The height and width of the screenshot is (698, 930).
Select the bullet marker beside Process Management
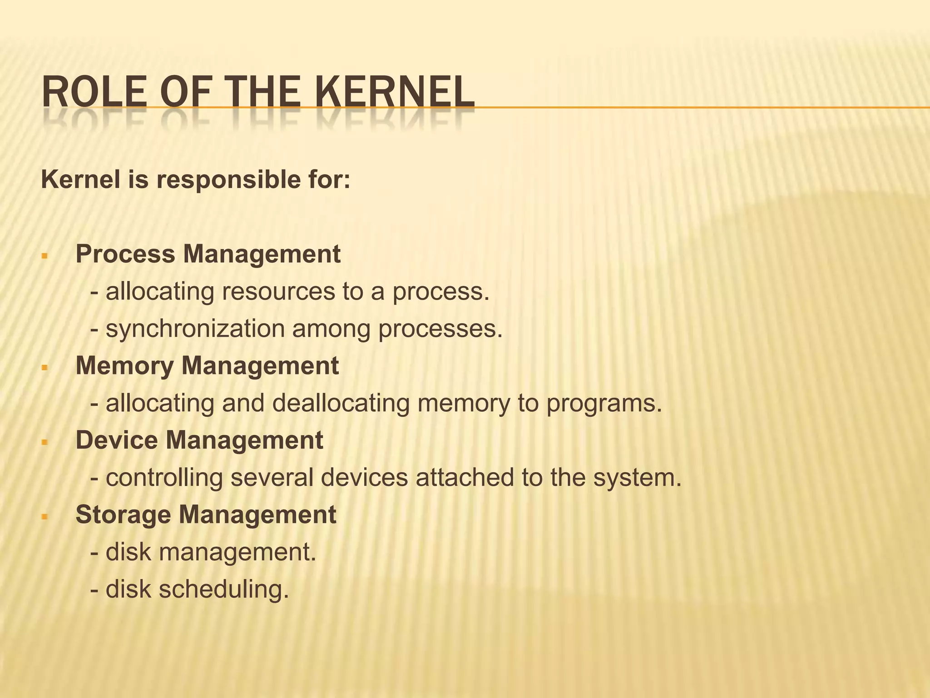pyautogui.click(x=44, y=256)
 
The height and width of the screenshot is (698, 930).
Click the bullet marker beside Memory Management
pyautogui.click(x=44, y=368)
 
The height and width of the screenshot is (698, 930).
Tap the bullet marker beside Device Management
pyautogui.click(x=44, y=442)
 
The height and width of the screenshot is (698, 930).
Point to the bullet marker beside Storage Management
pyautogui.click(x=44, y=517)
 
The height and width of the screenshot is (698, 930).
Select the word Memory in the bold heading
pyautogui.click(x=125, y=365)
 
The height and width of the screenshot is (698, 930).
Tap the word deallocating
pyautogui.click(x=341, y=404)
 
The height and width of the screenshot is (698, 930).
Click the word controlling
pyautogui.click(x=164, y=478)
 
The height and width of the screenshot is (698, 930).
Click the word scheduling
pyautogui.click(x=223, y=590)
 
